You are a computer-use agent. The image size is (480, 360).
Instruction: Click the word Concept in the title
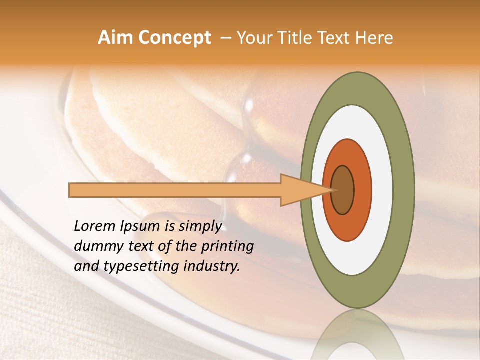[174, 38]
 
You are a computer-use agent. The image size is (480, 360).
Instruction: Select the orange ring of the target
[363, 190]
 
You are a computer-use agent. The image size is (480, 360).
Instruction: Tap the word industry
[212, 266]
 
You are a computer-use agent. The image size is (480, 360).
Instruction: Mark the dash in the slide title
[226, 38]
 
